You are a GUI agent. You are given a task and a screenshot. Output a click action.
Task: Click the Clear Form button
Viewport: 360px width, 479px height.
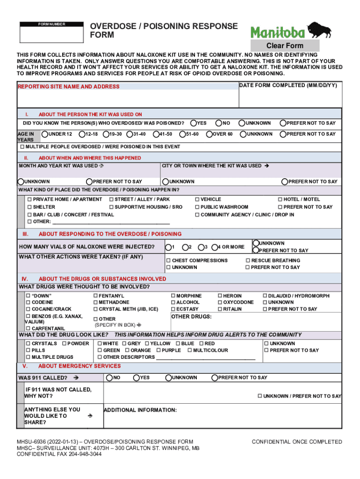285,46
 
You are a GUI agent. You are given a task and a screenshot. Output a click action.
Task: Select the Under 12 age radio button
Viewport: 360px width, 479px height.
45,134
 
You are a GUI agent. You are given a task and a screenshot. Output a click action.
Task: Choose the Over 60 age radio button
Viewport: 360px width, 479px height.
209,134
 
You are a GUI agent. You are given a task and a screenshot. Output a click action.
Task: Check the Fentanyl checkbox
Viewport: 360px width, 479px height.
95,296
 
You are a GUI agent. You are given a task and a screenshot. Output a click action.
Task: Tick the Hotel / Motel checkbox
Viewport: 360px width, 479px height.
280,200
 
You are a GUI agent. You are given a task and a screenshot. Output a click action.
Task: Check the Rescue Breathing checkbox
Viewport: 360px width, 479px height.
248,261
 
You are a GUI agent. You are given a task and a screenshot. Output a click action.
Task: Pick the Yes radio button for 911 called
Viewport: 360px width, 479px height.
137,377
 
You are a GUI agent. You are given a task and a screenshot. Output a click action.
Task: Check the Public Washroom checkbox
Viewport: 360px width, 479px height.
197,207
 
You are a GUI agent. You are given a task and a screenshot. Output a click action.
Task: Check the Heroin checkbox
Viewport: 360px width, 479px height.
220,296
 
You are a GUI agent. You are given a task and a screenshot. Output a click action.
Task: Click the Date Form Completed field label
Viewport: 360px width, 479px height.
288,86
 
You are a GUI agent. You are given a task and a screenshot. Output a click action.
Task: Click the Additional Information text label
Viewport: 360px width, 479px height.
140,410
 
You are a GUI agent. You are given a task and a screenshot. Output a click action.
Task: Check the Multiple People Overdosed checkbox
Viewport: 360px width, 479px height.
22,147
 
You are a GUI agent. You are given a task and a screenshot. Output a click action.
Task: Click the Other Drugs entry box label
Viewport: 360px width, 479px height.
192,317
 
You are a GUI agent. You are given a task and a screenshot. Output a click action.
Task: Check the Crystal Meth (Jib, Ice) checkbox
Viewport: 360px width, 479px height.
95,309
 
